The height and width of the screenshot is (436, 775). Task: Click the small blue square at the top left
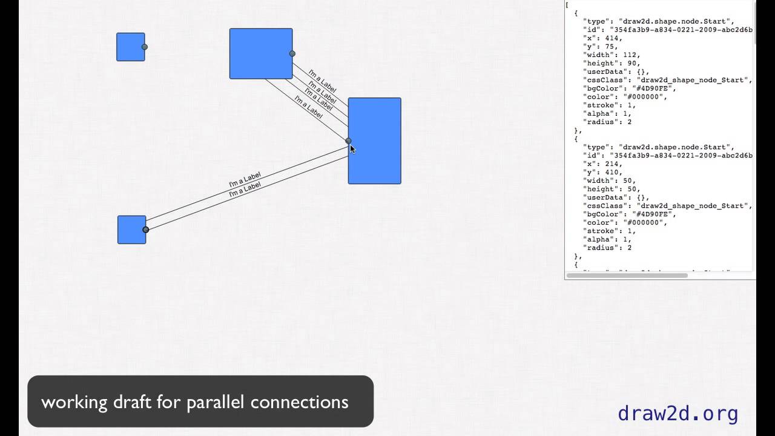tap(130, 47)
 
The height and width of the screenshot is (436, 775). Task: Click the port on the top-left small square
tap(145, 47)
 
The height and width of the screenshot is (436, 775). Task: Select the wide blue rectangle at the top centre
tap(260, 53)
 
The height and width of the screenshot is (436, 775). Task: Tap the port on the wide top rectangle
tap(292, 53)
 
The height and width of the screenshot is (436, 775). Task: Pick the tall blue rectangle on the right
tap(374, 140)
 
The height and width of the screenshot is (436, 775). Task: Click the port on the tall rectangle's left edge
tap(348, 140)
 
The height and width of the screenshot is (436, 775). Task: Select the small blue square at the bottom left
tap(131, 230)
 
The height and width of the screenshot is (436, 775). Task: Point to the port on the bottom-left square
tap(146, 230)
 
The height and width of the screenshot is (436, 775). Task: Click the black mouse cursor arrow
tap(352, 149)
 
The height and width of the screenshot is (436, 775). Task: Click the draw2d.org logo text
tap(678, 414)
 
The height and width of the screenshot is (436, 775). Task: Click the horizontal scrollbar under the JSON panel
tap(627, 276)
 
